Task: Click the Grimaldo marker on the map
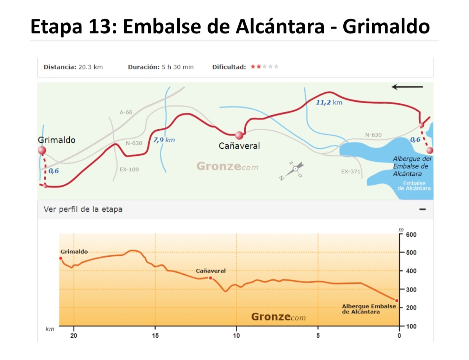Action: pos(42,151)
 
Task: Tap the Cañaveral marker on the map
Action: pos(239,135)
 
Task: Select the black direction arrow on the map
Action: pos(407,87)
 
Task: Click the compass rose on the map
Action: pos(293,171)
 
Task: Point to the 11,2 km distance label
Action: pos(329,103)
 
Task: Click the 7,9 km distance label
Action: pos(164,140)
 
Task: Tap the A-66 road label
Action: pos(126,112)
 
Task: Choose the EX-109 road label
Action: pos(129,170)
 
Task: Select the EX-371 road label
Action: pos(350,171)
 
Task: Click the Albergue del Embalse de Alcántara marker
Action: pos(430,150)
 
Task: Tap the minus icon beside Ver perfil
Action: pos(422,209)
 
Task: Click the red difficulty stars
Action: pos(256,67)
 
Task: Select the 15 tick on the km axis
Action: pos(155,336)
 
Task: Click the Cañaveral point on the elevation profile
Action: pos(211,278)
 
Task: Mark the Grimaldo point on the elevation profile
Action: pos(61,258)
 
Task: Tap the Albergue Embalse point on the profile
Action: pos(397,301)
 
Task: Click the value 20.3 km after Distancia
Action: pos(90,67)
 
